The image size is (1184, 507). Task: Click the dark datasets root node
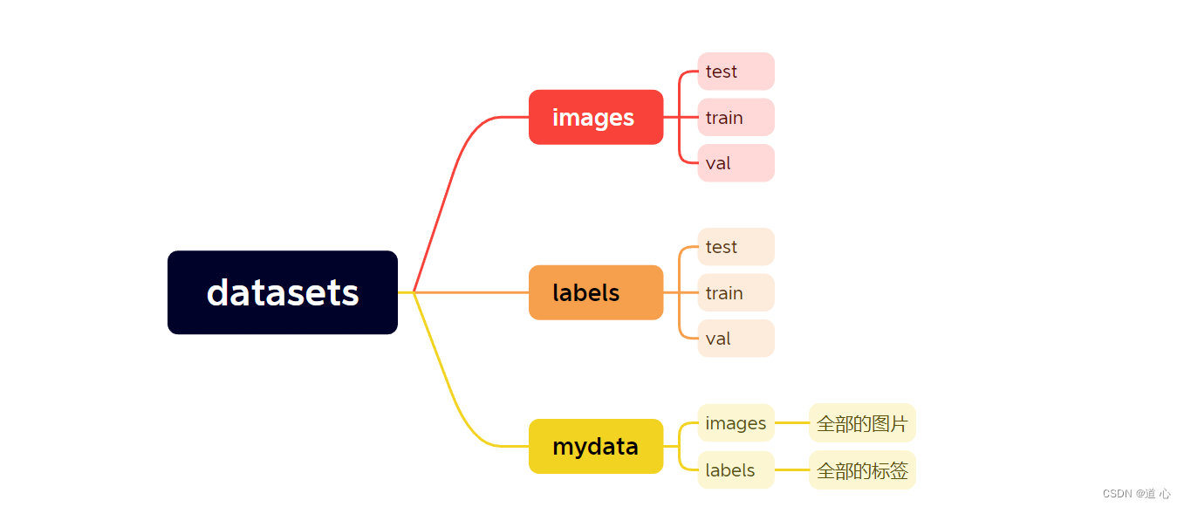coord(283,292)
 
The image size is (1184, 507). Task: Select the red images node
coord(596,117)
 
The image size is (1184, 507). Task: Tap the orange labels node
coord(596,292)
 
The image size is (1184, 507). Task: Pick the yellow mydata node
coord(596,446)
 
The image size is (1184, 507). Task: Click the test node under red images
coord(736,72)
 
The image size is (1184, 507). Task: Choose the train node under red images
coord(736,117)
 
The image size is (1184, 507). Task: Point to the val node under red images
coord(736,163)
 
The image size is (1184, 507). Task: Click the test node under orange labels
coord(736,247)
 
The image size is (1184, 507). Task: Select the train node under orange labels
coord(736,292)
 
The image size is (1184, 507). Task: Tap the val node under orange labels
coord(736,339)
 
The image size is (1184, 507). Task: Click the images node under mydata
coord(736,423)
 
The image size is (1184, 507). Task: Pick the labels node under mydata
coord(736,469)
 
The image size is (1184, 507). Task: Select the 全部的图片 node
coord(862,423)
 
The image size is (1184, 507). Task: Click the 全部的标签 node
coord(862,469)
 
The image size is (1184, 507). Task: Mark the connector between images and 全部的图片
coord(791,423)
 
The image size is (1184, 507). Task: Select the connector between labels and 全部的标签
coord(791,469)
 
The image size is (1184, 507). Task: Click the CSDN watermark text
coord(1136,493)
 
